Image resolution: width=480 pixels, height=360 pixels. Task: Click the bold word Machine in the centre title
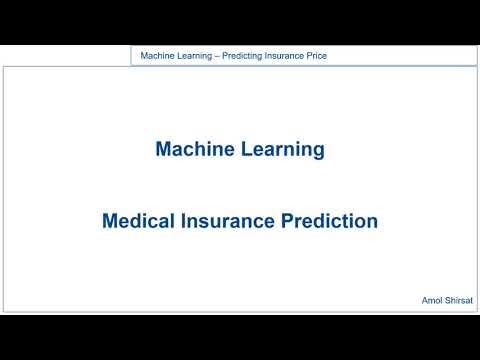click(x=191, y=149)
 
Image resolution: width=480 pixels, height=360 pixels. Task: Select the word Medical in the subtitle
click(x=134, y=221)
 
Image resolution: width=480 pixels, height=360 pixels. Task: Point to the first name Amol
click(x=433, y=299)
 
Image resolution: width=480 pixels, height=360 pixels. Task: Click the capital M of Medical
click(x=109, y=221)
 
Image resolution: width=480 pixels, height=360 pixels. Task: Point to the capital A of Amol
click(x=425, y=299)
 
